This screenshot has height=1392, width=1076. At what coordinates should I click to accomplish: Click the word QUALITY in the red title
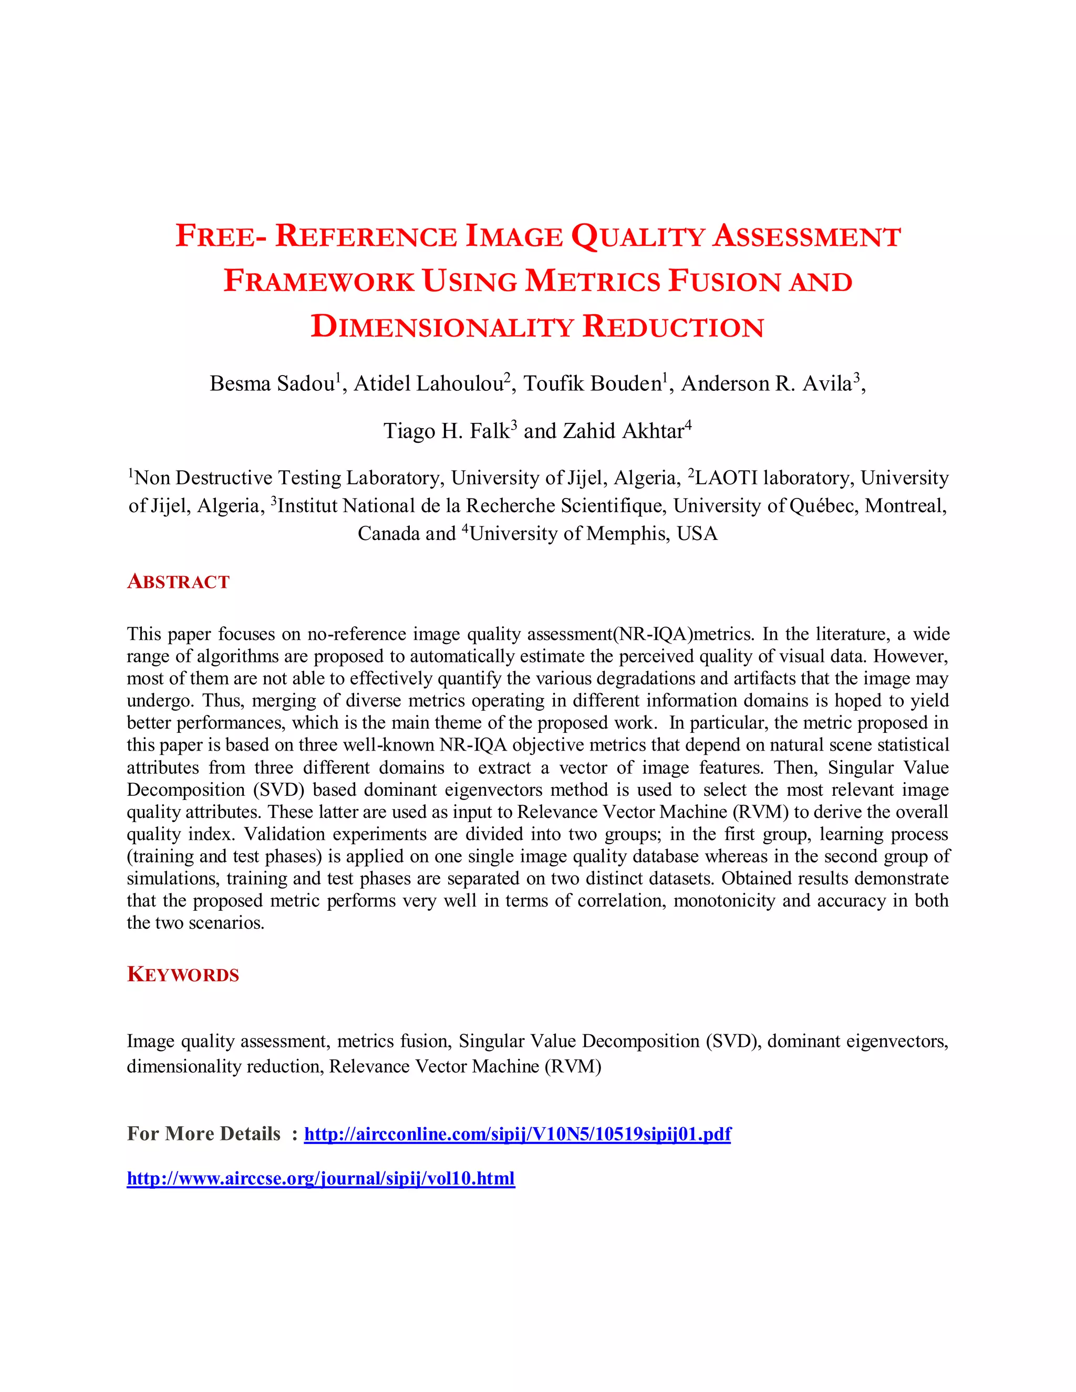[637, 237]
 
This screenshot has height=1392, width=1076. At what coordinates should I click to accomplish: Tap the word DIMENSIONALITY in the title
[442, 327]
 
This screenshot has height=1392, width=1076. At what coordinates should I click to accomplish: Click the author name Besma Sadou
[273, 383]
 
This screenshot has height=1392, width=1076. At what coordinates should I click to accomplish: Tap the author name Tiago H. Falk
[446, 431]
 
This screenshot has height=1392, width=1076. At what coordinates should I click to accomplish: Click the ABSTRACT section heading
[178, 581]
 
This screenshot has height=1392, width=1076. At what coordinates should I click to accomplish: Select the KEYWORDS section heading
[183, 974]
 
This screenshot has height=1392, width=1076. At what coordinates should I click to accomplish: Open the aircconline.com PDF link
[517, 1134]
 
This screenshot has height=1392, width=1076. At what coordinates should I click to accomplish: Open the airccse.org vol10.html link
[320, 1179]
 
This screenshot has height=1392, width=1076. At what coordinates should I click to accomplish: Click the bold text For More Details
[203, 1134]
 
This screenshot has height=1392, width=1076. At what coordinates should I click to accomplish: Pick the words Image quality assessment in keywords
[227, 1042]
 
